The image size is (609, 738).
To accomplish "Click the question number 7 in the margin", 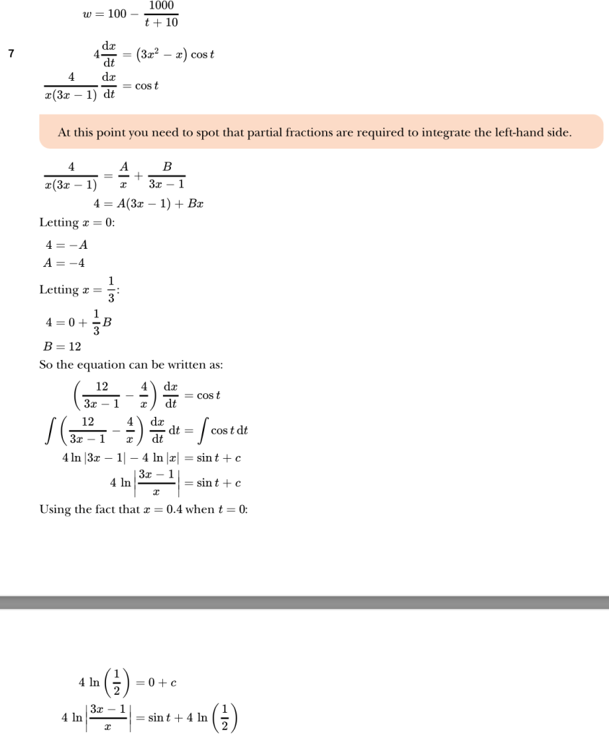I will (10, 53).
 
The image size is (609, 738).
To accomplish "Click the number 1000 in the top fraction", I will (162, 6).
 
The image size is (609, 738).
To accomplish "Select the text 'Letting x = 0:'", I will (77, 223).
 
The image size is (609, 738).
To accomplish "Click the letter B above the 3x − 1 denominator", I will (167, 167).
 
